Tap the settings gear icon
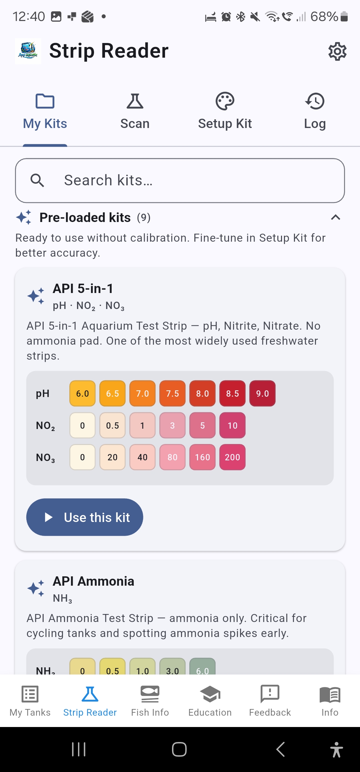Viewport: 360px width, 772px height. [337, 51]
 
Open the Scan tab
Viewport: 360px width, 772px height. [135, 111]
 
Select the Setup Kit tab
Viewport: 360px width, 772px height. [225, 111]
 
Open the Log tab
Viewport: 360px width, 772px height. [315, 111]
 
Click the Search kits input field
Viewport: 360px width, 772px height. [180, 180]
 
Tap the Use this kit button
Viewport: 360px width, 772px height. [85, 517]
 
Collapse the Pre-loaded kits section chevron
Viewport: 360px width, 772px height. [335, 218]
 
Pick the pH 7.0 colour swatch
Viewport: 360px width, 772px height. [142, 393]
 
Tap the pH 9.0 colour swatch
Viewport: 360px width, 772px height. [262, 393]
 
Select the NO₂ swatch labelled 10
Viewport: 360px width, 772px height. [232, 425]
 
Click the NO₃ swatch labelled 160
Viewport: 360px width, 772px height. [202, 457]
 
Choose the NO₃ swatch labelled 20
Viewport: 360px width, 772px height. [112, 457]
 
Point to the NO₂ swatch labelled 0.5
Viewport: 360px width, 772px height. [112, 425]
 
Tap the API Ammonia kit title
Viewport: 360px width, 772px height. [93, 581]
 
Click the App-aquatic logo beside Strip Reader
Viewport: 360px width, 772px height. [28, 51]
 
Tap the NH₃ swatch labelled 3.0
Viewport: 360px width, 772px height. [172, 667]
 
